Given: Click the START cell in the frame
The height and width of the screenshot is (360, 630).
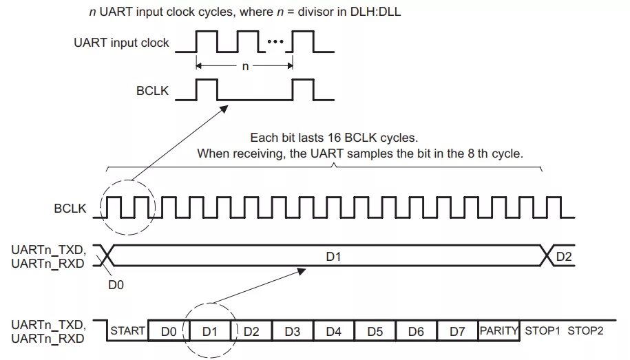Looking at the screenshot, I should pyautogui.click(x=127, y=331).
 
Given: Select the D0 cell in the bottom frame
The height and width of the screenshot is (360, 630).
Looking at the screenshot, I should pyautogui.click(x=169, y=331).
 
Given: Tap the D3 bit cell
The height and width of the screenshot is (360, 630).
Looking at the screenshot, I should pyautogui.click(x=293, y=331).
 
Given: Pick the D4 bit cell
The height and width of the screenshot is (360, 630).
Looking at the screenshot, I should pyautogui.click(x=334, y=331).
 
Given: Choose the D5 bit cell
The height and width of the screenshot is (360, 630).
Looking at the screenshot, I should pyautogui.click(x=375, y=331).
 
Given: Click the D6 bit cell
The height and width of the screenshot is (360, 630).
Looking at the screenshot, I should pyautogui.click(x=417, y=331).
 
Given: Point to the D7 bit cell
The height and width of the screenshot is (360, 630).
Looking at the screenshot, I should pyautogui.click(x=458, y=331).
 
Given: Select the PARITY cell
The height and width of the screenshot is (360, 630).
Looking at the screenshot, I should pyautogui.click(x=498, y=331).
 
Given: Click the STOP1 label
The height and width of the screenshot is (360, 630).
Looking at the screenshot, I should pyautogui.click(x=543, y=331).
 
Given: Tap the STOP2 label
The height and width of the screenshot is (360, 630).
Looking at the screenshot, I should pyautogui.click(x=585, y=331).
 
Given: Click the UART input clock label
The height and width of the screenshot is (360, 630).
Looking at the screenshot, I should pyautogui.click(x=121, y=43).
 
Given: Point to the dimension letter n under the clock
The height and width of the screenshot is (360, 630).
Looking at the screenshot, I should pyautogui.click(x=245, y=67).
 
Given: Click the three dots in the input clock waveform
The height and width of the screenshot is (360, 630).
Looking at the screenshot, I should pyautogui.click(x=275, y=42).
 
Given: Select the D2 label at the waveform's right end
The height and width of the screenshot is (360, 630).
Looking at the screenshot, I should pyautogui.click(x=563, y=256).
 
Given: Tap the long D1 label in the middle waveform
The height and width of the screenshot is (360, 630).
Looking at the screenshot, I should pyautogui.click(x=334, y=256).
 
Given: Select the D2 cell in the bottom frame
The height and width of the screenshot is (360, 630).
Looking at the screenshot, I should pyautogui.click(x=251, y=331).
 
